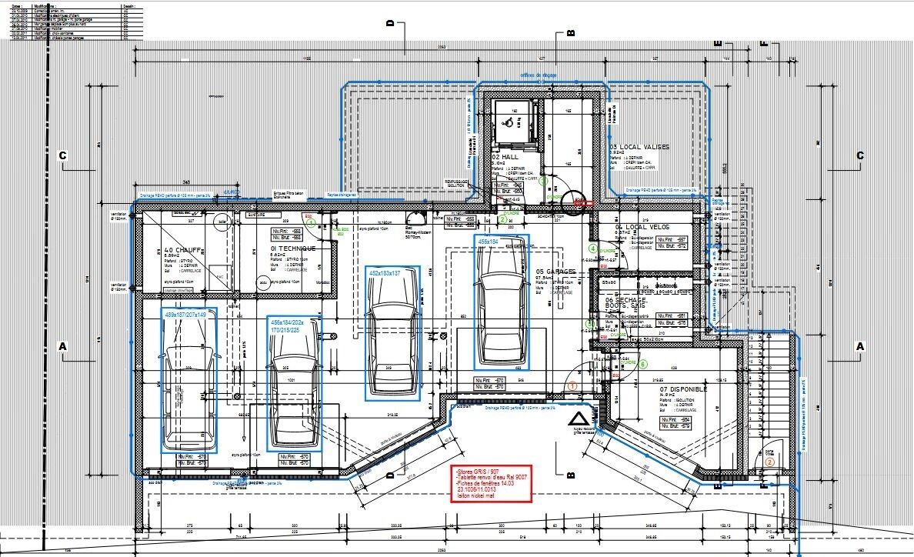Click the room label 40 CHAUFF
(x=182, y=250)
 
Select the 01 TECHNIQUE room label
(x=292, y=249)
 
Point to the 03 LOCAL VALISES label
(x=639, y=146)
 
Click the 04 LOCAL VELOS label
(x=642, y=228)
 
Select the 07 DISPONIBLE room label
(x=682, y=389)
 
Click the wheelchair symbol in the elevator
(x=507, y=120)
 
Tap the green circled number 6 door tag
(x=644, y=362)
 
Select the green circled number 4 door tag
(x=592, y=248)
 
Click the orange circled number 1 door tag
(x=572, y=382)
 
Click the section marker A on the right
(x=860, y=347)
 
